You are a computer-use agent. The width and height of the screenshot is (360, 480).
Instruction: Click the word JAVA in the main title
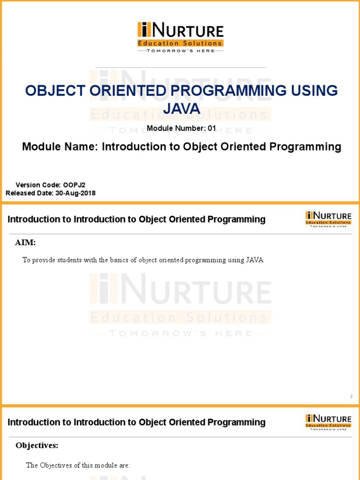(182, 109)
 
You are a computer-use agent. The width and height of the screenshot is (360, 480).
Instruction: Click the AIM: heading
(25, 242)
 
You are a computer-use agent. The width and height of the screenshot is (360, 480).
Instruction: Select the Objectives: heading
(37, 445)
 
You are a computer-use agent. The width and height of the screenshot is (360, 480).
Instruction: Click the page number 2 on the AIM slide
(351, 397)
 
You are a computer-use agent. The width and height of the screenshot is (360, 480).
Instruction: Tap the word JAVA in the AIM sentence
(255, 260)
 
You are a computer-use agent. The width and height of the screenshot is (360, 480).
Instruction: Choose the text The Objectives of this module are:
(78, 465)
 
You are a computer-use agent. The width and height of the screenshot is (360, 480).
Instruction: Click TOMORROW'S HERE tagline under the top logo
(180, 51)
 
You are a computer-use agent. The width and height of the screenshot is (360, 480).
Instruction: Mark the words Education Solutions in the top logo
(180, 43)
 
